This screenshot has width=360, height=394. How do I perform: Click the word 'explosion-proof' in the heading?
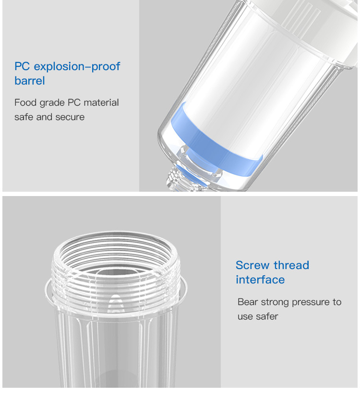pyautogui.click(x=77, y=67)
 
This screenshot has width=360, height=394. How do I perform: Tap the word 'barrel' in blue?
pyautogui.click(x=30, y=81)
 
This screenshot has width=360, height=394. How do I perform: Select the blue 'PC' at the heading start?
pyautogui.click(x=22, y=66)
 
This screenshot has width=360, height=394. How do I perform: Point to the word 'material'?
pyautogui.click(x=101, y=102)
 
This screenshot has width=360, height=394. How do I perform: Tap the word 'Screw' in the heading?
pyautogui.click(x=253, y=265)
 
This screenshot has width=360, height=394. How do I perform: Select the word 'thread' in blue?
pyautogui.click(x=291, y=265)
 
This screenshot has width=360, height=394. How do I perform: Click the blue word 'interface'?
pyautogui.click(x=260, y=280)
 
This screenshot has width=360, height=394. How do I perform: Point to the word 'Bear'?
pyautogui.click(x=248, y=302)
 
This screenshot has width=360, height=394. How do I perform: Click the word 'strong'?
pyautogui.click(x=275, y=303)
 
